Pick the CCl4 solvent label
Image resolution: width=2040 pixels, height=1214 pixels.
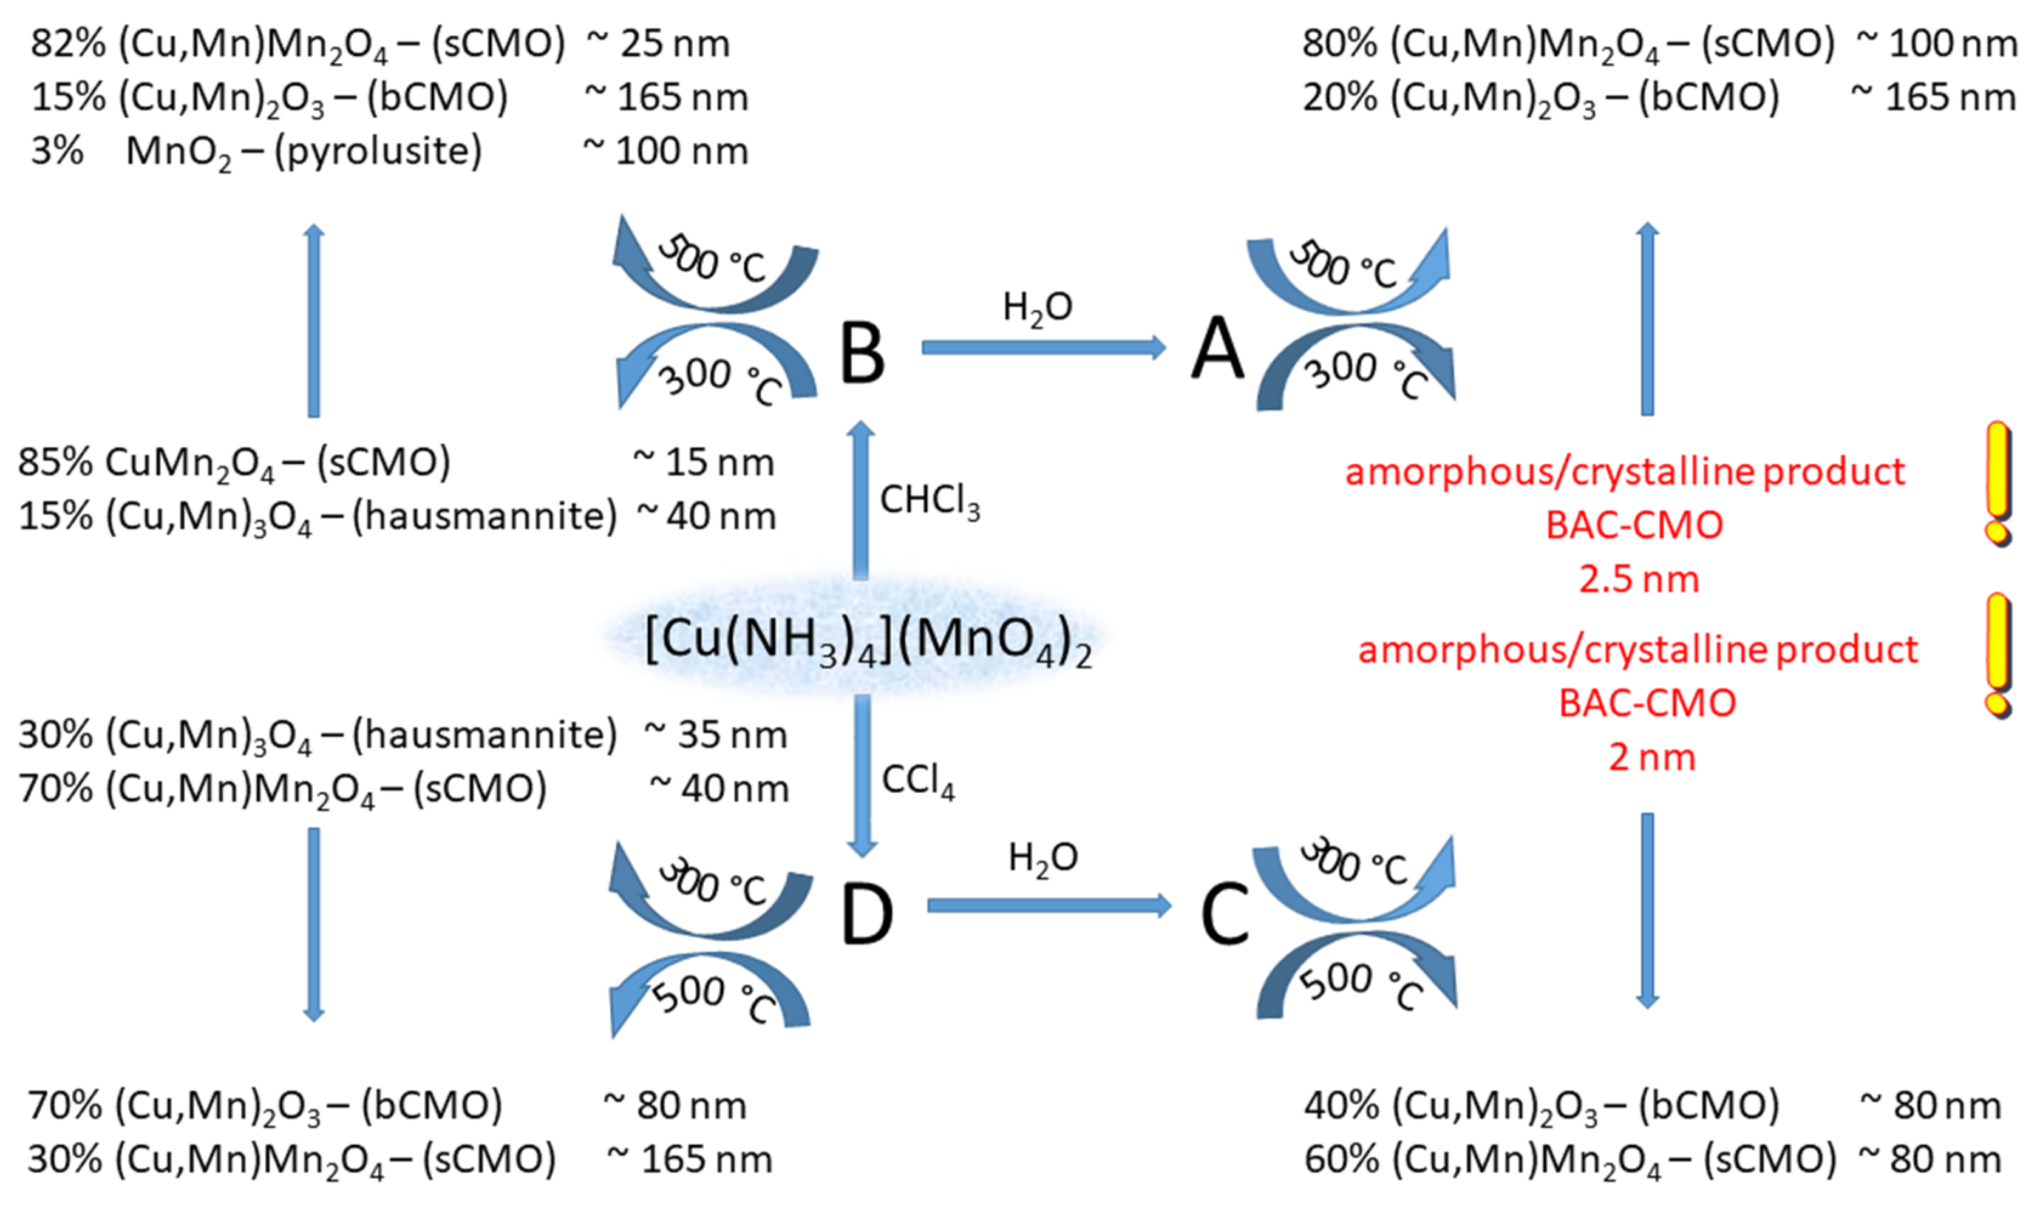[x=917, y=781]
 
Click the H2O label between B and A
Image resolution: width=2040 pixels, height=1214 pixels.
[x=1037, y=308]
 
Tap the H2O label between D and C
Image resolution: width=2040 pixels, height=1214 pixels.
[x=1042, y=859]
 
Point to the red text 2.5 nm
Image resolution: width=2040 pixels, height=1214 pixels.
[x=1638, y=579]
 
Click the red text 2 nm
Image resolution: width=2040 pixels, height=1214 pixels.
[x=1651, y=757]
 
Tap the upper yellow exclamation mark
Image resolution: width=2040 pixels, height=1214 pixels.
[x=1997, y=483]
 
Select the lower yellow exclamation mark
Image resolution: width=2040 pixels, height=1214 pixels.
[x=1997, y=654]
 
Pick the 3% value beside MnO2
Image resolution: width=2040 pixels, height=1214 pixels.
[x=57, y=151]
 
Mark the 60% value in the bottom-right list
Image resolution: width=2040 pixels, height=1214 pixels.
[x=1341, y=1159]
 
